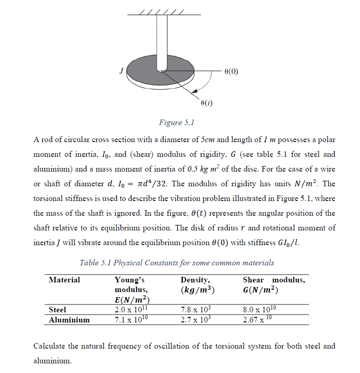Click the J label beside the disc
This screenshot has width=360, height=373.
[x=121, y=70]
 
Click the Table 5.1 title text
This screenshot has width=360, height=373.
[x=177, y=263]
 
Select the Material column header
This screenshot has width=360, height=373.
[x=64, y=280]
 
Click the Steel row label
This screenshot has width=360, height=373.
[x=57, y=310]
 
